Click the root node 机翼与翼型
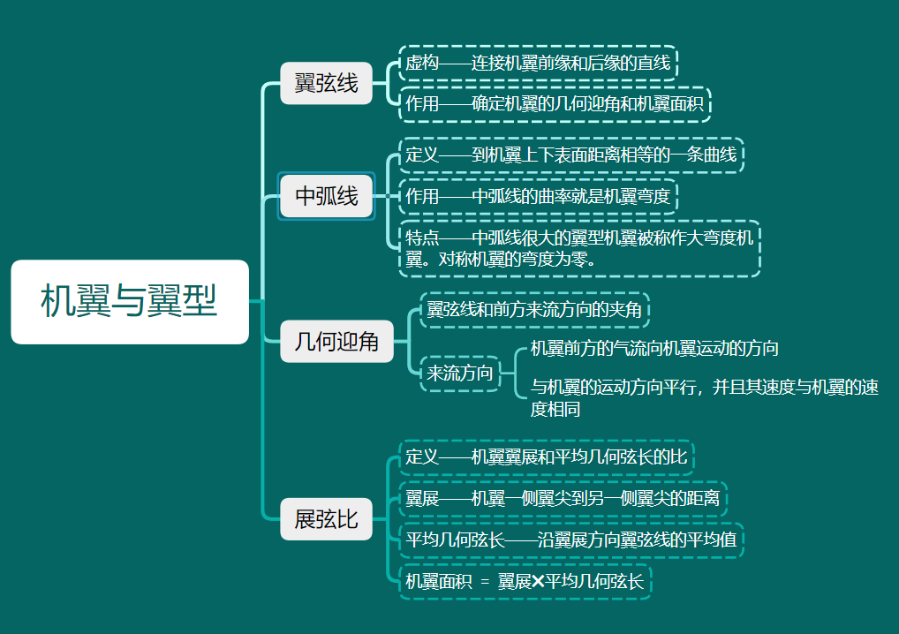pos(130,302)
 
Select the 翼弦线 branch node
pos(326,84)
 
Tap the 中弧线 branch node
pos(326,196)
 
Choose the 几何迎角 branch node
pos(336,342)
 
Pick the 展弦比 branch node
pos(326,518)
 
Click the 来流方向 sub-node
pos(459,373)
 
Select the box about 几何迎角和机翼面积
pos(555,104)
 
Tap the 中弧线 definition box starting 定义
pos(570,155)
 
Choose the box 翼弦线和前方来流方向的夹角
pos(533,310)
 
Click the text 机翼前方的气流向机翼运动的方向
pos(653,349)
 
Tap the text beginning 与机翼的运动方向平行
pos(703,397)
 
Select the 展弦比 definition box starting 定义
pos(546,457)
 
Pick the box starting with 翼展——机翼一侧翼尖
pos(563,499)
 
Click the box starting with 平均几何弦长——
pos(570,540)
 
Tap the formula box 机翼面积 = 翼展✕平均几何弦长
pos(525,582)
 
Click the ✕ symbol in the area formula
pos(538,582)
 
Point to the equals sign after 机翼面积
pos(485,582)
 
